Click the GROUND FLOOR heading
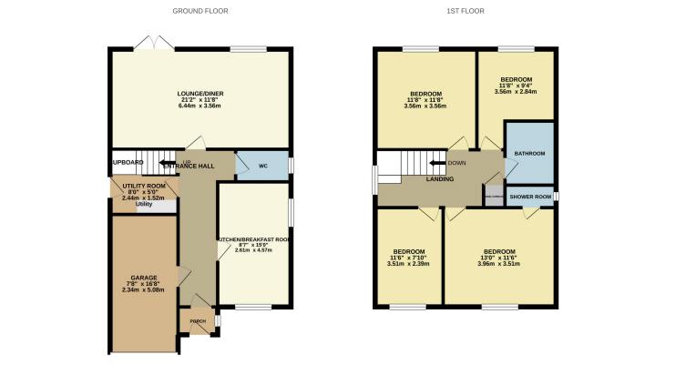point(200,11)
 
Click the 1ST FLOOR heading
point(466,11)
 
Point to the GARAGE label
point(144,276)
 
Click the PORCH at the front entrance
point(198,321)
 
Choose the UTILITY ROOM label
point(143,186)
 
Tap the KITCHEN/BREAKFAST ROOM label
point(254,239)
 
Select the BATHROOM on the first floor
point(528,154)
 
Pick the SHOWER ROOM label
point(529,197)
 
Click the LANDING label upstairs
point(440,178)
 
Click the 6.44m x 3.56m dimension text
point(201,106)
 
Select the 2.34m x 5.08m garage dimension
point(144,290)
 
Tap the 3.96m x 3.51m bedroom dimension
point(499,265)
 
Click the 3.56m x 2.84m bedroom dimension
point(515,91)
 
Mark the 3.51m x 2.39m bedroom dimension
point(407,265)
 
